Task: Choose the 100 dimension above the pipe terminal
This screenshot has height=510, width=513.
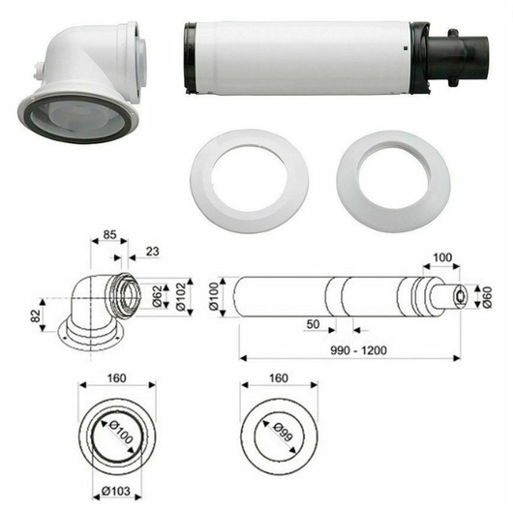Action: (x=443, y=257)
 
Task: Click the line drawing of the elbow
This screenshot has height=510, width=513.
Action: (x=97, y=305)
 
